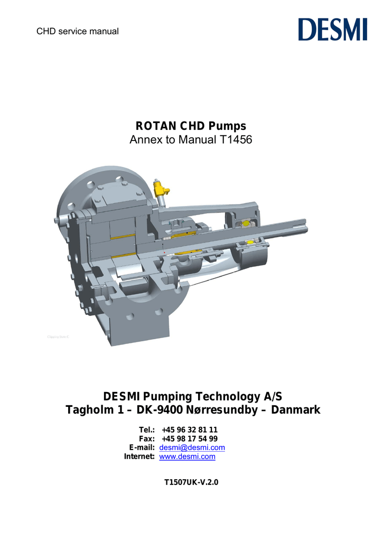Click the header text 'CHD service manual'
77,31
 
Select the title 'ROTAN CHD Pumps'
191,126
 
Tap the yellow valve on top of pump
158,188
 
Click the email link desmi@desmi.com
192,447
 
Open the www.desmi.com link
187,456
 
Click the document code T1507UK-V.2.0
191,482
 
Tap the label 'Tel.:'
146,430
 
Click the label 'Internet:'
139,456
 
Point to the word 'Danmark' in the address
295,410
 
